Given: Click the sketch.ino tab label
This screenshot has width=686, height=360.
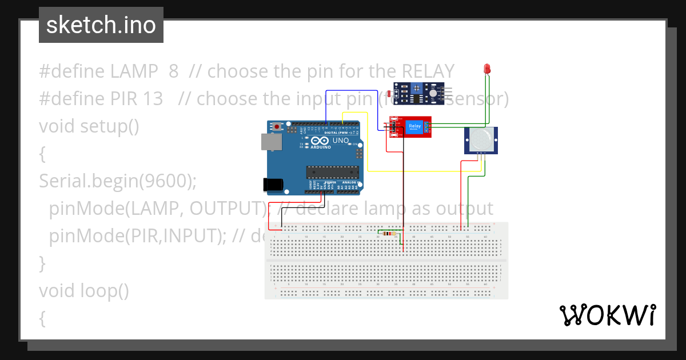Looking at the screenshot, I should pyautogui.click(x=101, y=25).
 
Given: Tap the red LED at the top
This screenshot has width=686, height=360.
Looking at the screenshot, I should pyautogui.click(x=487, y=69).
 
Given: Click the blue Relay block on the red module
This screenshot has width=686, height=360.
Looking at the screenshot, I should pyautogui.click(x=414, y=127).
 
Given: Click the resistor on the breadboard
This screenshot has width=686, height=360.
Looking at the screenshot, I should pyautogui.click(x=390, y=233).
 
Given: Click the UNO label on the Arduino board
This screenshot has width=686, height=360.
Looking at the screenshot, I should pyautogui.click(x=341, y=141).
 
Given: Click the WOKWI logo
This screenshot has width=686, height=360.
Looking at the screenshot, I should pyautogui.click(x=607, y=315).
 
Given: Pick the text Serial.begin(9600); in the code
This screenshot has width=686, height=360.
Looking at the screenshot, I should pyautogui.click(x=118, y=181).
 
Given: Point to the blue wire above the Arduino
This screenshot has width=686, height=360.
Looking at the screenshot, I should pyautogui.click(x=349, y=91).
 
